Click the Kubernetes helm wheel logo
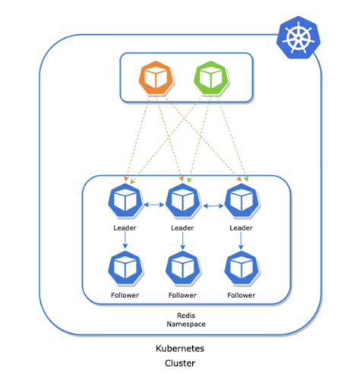tap(298, 38)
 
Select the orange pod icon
tap(156, 78)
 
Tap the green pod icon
tap(210, 78)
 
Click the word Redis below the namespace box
tap(182, 314)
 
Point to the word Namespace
tap(182, 325)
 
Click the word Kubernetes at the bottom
tap(182, 348)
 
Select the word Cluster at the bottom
tap(182, 363)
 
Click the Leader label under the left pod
tap(125, 227)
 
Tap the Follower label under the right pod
tap(242, 294)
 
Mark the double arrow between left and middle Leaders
tap(153, 204)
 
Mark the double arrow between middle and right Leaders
tap(212, 204)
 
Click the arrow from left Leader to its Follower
tap(125, 241)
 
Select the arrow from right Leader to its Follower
tap(242, 241)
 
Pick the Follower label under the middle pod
tap(182, 294)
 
